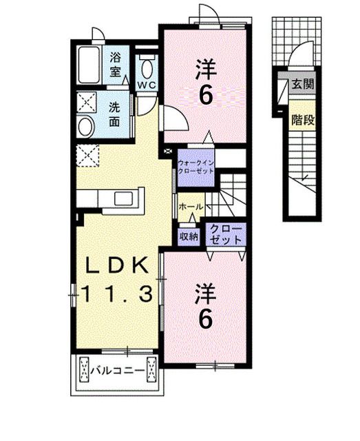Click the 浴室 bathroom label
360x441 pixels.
tap(115, 63)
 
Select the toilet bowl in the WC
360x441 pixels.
tap(147, 68)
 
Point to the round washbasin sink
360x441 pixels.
tap(85, 127)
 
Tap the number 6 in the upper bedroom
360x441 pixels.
tap(204, 95)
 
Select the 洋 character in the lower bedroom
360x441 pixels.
tap(204, 293)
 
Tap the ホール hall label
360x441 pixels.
tap(190, 207)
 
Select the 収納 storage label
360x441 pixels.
tap(189, 236)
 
